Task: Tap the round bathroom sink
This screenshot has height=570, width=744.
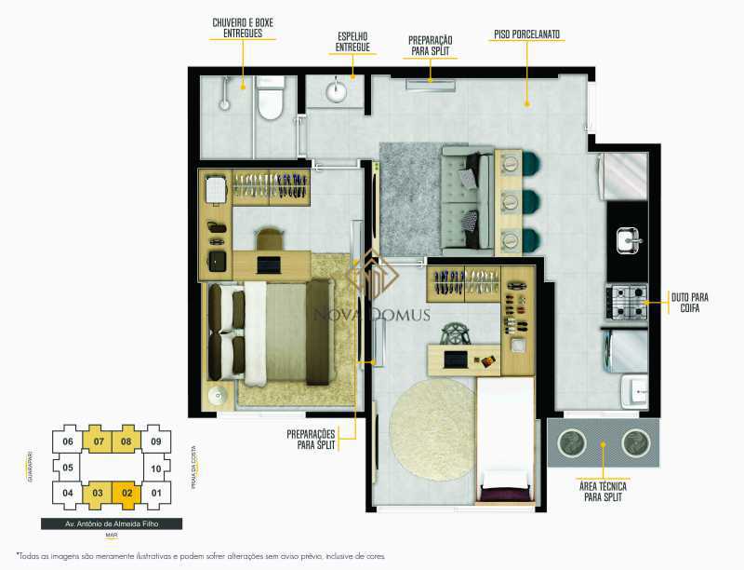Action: (336, 92)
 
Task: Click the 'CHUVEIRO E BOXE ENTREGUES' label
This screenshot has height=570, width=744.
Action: (243, 27)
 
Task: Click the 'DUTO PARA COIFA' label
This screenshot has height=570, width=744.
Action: (689, 304)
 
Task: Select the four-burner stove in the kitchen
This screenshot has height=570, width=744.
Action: (626, 302)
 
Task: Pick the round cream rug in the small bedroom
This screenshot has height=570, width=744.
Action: (431, 427)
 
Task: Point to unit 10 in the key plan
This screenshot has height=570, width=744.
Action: (156, 468)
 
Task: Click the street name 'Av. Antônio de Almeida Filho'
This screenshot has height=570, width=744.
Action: (111, 523)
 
